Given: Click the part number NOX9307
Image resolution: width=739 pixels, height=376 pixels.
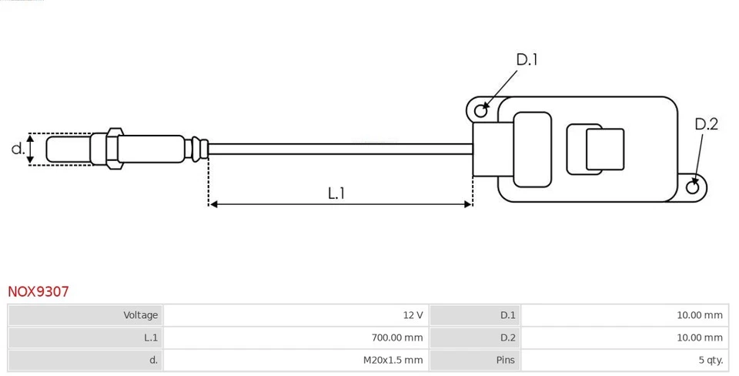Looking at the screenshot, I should (x=38, y=292).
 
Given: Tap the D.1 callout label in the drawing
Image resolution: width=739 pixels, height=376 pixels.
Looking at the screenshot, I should (x=527, y=59).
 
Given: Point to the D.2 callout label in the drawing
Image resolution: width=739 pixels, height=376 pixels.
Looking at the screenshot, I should (x=706, y=124).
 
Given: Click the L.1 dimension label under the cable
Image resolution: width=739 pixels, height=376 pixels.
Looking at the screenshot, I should (x=336, y=193).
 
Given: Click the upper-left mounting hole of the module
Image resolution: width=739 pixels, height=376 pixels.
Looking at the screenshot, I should (x=481, y=110).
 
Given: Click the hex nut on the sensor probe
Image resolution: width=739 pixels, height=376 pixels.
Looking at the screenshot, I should (x=112, y=149).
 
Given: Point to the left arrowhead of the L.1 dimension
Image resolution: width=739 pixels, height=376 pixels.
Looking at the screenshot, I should (x=213, y=204).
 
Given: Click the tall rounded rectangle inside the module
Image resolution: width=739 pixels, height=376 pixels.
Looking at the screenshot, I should (x=532, y=149).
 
